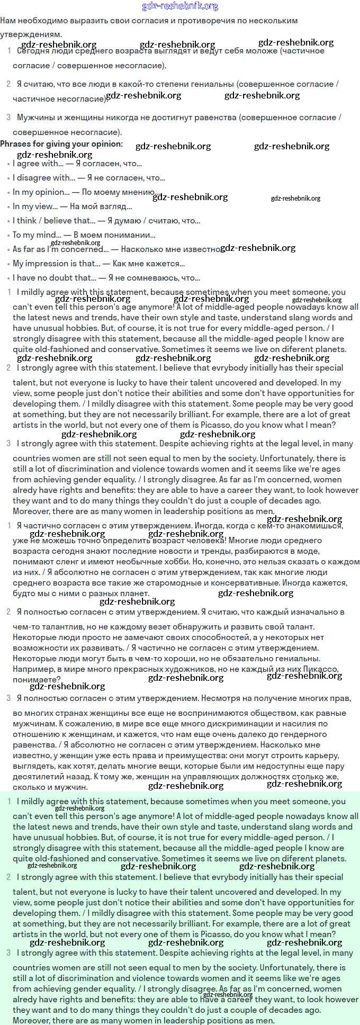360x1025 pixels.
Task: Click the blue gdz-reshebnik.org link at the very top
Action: (x=180, y=6)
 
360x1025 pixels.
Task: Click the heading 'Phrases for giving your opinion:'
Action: (x=61, y=144)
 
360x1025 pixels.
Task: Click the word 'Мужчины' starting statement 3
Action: (x=35, y=118)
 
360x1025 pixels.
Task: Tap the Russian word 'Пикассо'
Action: (x=321, y=669)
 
